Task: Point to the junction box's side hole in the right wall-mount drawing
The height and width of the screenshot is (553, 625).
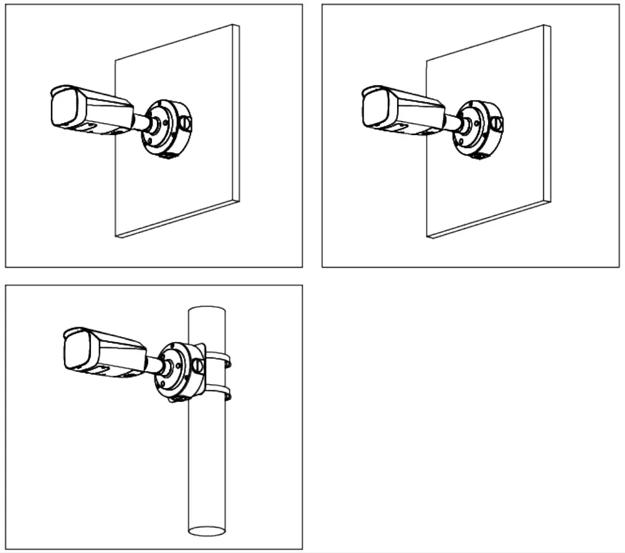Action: [496, 124]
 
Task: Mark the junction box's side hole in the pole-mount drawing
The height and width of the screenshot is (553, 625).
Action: [198, 366]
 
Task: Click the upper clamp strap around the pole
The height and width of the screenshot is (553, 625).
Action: [221, 358]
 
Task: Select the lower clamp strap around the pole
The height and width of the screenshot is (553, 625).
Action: [221, 392]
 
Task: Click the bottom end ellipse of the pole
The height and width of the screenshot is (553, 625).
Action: [206, 531]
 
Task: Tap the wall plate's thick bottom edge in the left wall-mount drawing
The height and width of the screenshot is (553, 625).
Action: [178, 218]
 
